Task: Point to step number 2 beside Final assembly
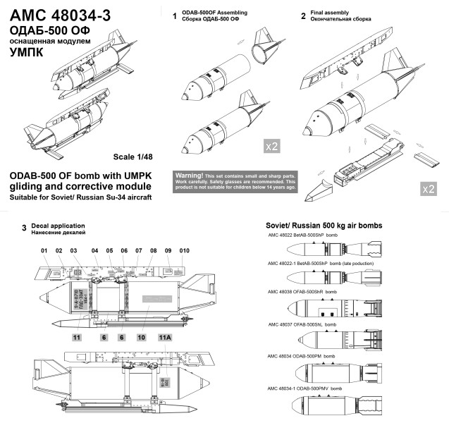[303, 16]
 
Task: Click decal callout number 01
[44, 251]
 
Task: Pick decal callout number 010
[185, 251]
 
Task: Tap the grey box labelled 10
[141, 338]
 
